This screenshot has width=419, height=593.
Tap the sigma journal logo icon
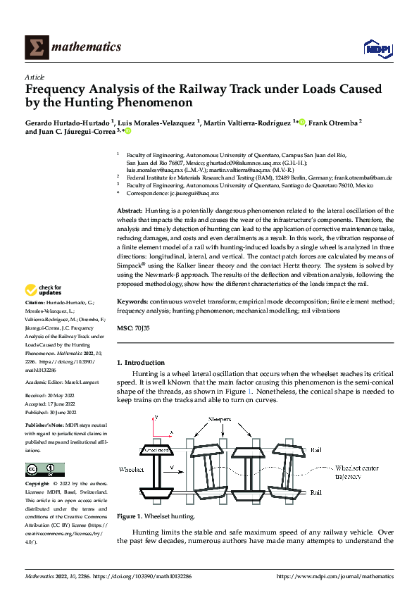click(35, 47)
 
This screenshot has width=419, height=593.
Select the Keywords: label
click(134, 301)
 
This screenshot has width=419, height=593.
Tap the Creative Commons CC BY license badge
click(44, 470)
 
